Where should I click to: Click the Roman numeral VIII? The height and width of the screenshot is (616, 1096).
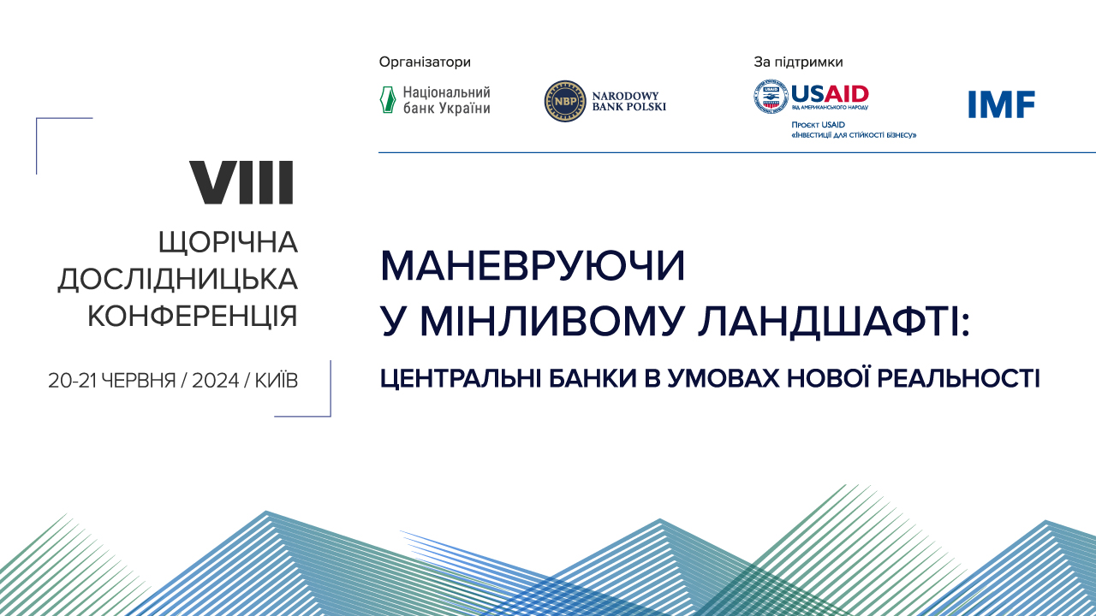[x=241, y=182]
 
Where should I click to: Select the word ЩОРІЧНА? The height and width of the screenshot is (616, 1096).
[x=228, y=243]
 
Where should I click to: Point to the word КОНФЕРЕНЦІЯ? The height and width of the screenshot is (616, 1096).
[x=193, y=316]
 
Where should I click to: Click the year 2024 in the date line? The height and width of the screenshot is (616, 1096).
[x=215, y=382]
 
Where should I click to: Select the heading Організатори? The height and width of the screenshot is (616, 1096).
[x=425, y=62]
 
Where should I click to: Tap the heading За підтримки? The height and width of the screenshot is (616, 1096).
[x=798, y=62]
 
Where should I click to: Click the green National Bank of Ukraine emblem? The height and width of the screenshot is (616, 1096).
[x=388, y=100]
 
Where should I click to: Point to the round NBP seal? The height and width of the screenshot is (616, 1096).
[x=565, y=101]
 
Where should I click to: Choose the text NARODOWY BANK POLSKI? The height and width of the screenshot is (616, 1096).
[x=628, y=101]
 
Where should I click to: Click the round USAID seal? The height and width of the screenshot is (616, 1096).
[x=771, y=97]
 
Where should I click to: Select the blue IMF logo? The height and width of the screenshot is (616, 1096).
[x=1002, y=104]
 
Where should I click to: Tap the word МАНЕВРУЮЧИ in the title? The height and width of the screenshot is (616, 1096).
[x=533, y=268]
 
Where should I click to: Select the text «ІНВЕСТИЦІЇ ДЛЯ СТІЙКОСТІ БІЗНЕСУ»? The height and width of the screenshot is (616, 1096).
[x=854, y=135]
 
